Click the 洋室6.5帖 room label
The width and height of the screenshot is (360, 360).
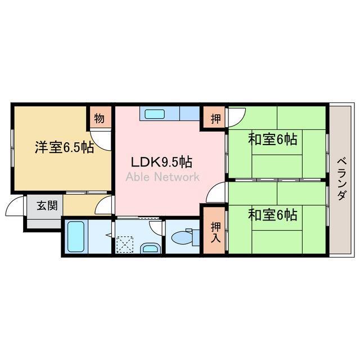click(x=64, y=147)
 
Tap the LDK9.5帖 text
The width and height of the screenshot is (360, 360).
click(x=161, y=163)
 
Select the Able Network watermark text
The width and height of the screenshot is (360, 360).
click(x=162, y=177)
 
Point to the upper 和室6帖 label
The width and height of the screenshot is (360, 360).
click(x=273, y=139)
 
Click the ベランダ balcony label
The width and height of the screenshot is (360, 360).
click(x=341, y=179)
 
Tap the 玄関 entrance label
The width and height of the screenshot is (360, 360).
click(x=47, y=205)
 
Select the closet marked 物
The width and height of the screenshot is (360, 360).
click(x=99, y=119)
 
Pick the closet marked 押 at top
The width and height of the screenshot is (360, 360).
click(x=215, y=119)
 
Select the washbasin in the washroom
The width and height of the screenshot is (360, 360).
click(x=149, y=247)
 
